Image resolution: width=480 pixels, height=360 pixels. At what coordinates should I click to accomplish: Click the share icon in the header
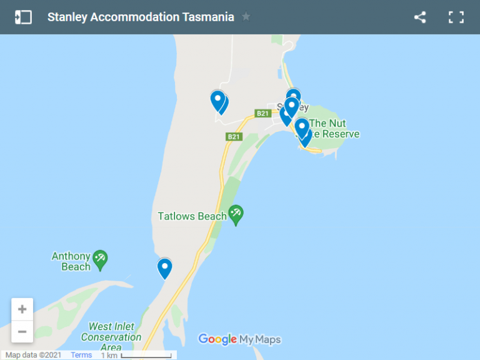click(420, 17)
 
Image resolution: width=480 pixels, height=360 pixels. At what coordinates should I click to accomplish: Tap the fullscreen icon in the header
click(456, 17)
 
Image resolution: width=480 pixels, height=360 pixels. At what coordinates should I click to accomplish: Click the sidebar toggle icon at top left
click(23, 17)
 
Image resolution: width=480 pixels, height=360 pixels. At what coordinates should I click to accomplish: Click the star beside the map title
click(246, 17)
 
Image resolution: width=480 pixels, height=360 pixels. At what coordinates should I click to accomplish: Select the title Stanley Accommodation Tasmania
click(141, 17)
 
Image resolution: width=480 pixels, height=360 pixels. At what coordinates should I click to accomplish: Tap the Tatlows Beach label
click(192, 216)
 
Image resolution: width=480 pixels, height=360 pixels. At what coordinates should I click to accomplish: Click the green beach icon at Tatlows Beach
click(236, 214)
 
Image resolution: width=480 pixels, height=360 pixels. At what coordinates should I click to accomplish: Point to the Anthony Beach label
click(71, 261)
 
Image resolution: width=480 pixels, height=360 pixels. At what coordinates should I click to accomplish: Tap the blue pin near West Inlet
click(164, 268)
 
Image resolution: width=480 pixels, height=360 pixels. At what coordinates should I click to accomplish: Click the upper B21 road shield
click(262, 113)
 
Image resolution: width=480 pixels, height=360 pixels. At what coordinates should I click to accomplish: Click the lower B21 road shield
click(233, 136)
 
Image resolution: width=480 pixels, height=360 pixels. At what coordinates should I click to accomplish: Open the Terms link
click(81, 355)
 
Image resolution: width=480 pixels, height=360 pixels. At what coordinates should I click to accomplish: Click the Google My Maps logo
click(239, 339)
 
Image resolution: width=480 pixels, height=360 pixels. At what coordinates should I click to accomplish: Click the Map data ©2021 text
click(34, 355)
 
